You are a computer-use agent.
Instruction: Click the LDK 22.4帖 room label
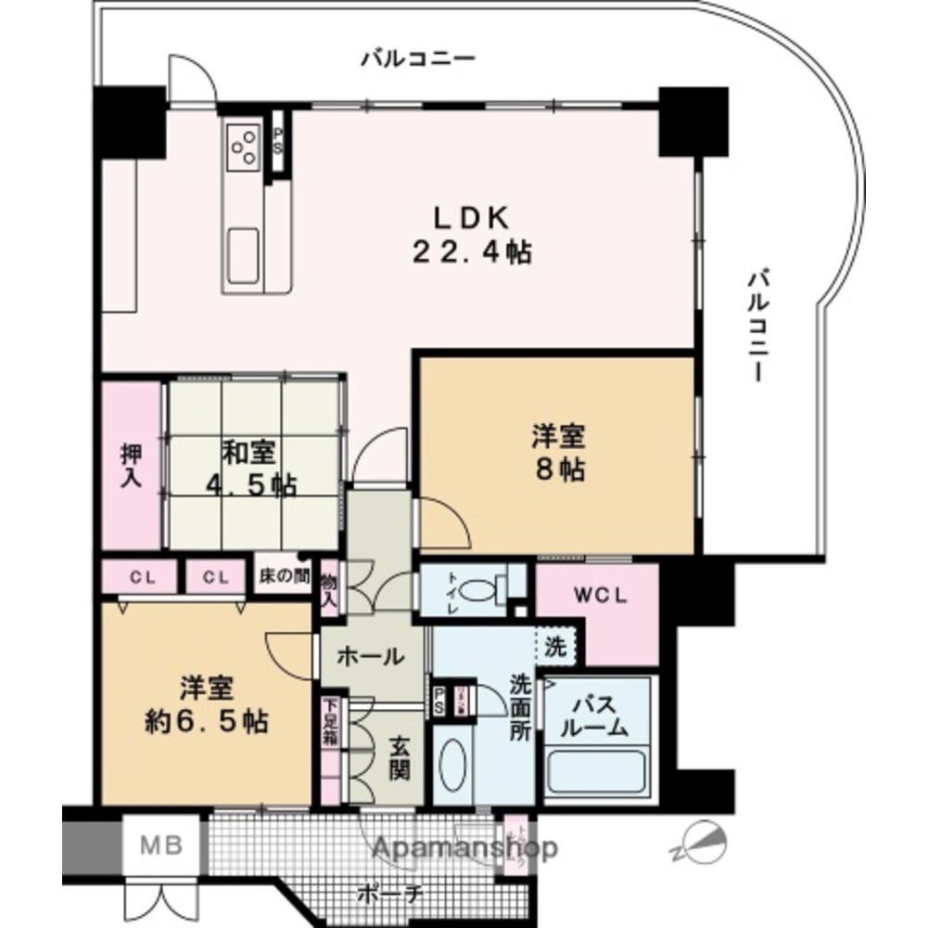[x=472, y=236]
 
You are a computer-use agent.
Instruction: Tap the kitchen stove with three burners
[x=245, y=147]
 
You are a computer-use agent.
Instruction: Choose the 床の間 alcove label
[x=282, y=577]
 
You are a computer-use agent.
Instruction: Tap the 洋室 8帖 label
[x=557, y=452]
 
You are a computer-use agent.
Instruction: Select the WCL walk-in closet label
[x=597, y=596]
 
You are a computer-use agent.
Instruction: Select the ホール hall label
[x=369, y=657]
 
